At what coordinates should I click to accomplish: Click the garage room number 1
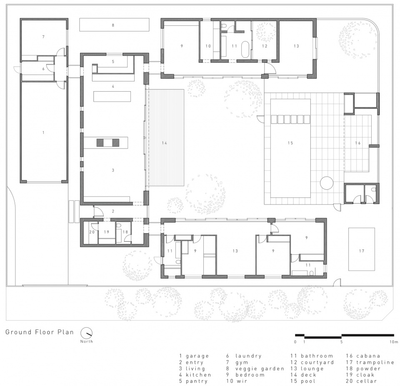[x=43, y=132]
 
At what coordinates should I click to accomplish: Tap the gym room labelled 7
[x=43, y=37]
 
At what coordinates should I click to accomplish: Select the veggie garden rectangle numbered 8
[x=114, y=25]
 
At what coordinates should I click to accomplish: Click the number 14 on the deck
[x=165, y=143]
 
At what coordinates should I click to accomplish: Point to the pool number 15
[x=290, y=143]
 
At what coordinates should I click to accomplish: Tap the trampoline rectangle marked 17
[x=362, y=249]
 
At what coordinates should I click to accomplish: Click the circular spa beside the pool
[x=327, y=183]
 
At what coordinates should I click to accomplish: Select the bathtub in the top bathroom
[x=245, y=49]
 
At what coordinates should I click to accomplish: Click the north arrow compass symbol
[x=87, y=333]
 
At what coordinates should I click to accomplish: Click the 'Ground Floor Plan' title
[x=40, y=332]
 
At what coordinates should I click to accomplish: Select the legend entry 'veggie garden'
[x=260, y=369]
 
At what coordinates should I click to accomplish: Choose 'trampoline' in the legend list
[x=375, y=362]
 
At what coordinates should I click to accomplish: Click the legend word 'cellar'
[x=367, y=381]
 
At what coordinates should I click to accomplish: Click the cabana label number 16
[x=358, y=143]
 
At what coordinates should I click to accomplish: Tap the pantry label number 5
[x=113, y=62]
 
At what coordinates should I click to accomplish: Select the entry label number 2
[x=113, y=212]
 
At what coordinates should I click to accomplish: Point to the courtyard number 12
[x=265, y=46]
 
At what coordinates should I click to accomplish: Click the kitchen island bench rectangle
[x=112, y=96]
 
